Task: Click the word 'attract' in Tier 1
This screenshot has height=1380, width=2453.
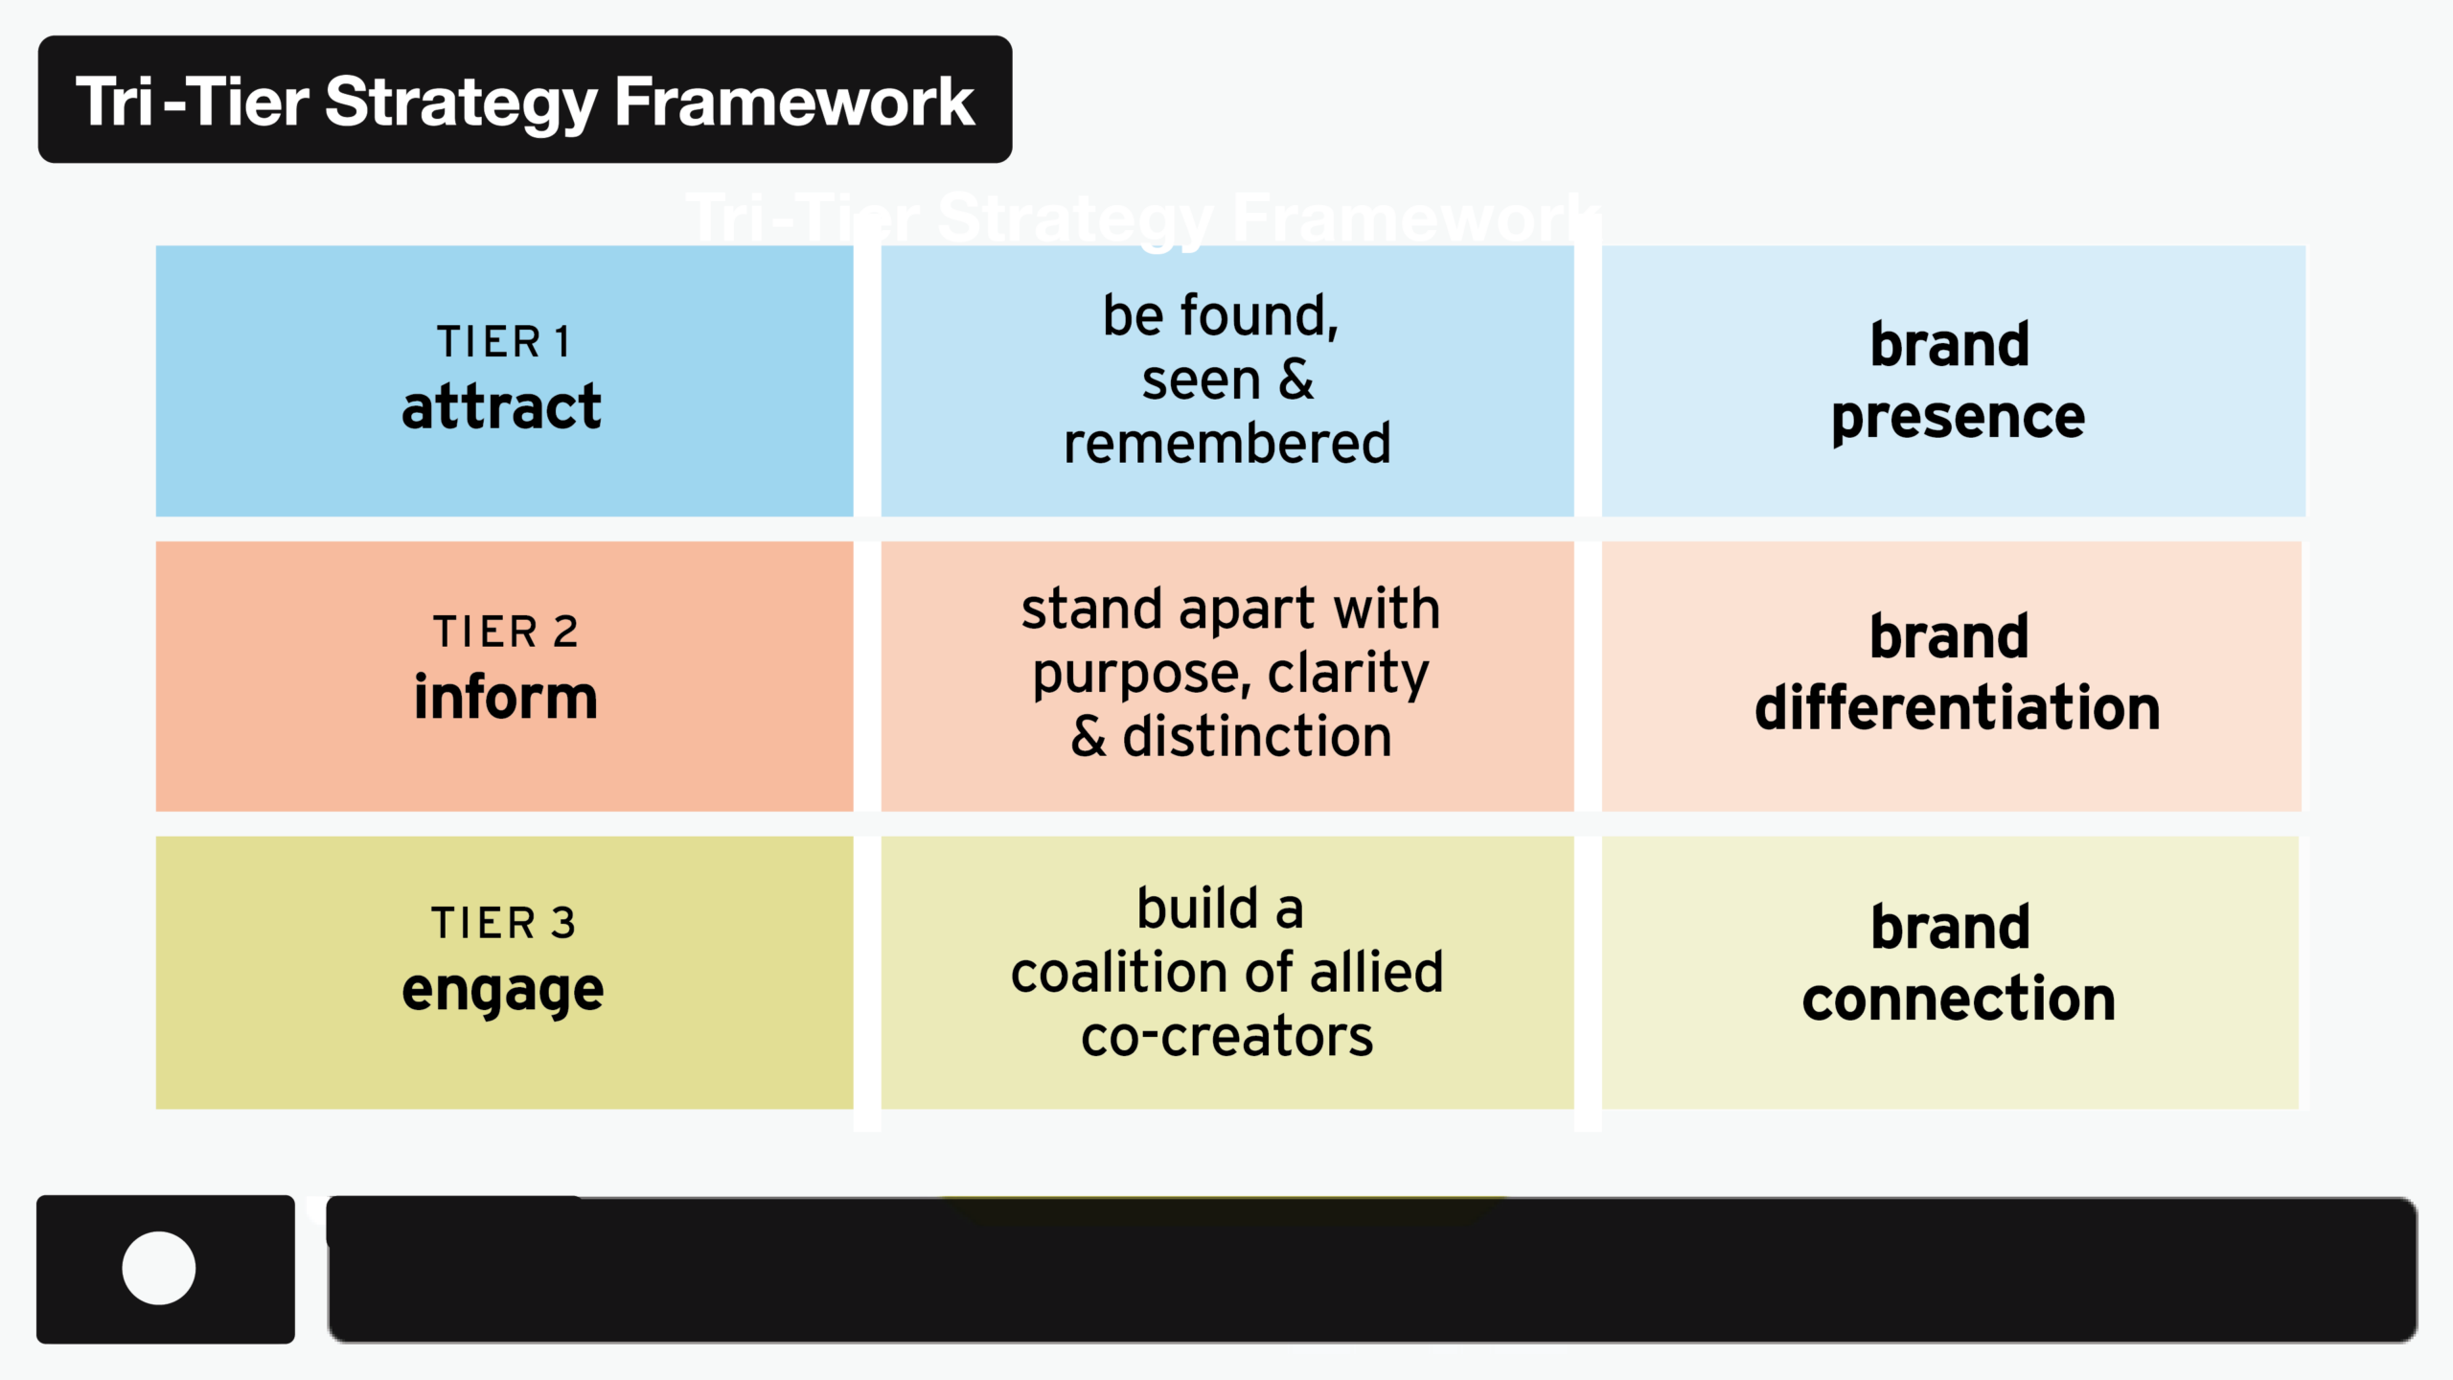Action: [x=501, y=407]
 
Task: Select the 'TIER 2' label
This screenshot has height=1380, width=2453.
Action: [x=505, y=632]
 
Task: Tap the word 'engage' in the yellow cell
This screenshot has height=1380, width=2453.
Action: [x=502, y=990]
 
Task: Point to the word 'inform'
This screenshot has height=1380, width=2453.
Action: [x=505, y=698]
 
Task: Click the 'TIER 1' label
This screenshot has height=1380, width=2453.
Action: [x=504, y=342]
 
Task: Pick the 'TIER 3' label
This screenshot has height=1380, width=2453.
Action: [x=503, y=924]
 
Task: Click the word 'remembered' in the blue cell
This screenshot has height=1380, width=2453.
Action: [x=1226, y=444]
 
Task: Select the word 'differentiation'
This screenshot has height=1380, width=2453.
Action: [x=1957, y=708]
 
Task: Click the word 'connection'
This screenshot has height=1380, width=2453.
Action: [x=1958, y=1000]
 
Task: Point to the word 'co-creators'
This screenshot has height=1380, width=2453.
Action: [x=1226, y=1037]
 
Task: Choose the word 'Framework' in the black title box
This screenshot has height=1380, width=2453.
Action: [x=793, y=102]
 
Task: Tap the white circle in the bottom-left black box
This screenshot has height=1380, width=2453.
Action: [x=159, y=1268]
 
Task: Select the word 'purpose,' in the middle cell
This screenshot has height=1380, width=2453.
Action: [x=1136, y=674]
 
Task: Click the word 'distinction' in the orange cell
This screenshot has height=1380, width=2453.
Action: [x=1256, y=737]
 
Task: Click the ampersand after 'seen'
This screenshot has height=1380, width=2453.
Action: [x=1295, y=379]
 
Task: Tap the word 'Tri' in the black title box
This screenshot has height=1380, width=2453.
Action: [x=114, y=102]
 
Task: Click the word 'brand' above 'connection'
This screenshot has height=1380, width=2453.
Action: [x=1950, y=928]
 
